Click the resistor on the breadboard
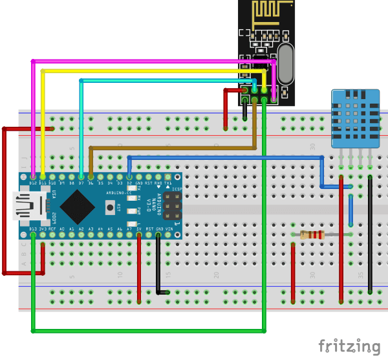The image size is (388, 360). tap(312, 234)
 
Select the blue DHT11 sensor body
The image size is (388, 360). tap(353, 117)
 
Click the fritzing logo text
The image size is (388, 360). tap(349, 345)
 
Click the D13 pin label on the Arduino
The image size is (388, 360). tap(33, 228)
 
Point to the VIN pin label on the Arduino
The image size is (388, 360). tap(169, 229)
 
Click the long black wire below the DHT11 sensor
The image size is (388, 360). tap(370, 233)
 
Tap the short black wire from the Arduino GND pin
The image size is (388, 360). tap(159, 265)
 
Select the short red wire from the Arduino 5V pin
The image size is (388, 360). tap(139, 265)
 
